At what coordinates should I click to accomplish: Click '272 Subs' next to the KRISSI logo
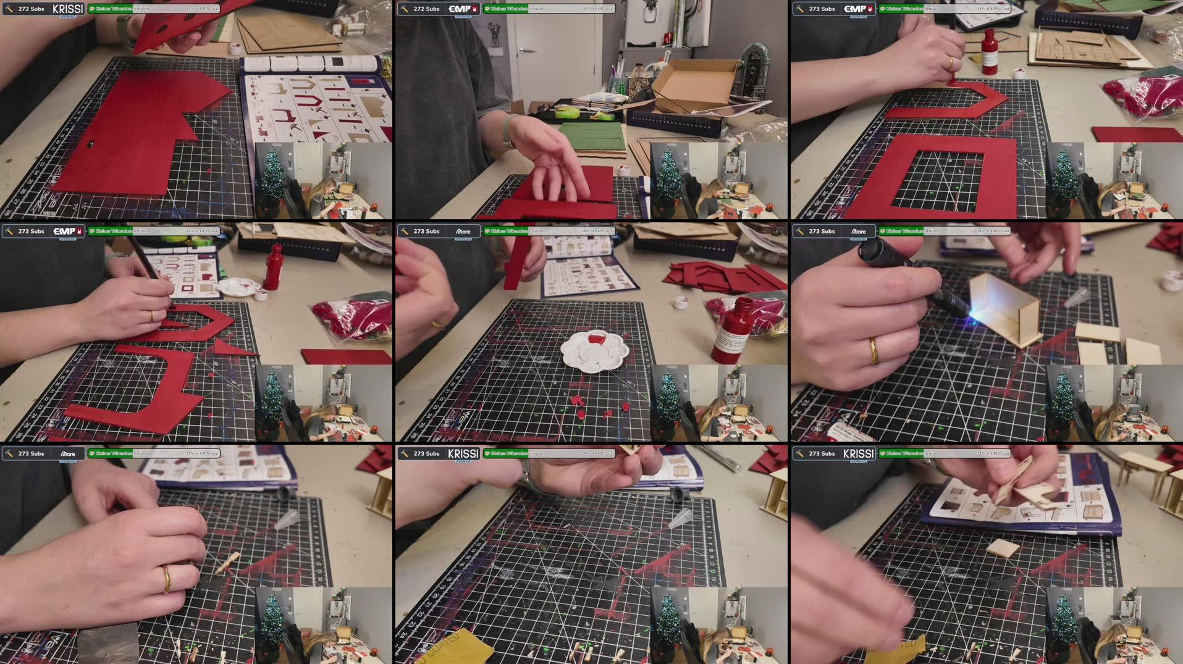[x=31, y=9]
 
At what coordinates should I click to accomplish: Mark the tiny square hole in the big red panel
[x=91, y=144]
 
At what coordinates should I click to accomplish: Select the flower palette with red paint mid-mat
[x=594, y=351]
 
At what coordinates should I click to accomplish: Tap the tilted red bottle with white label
[x=732, y=330]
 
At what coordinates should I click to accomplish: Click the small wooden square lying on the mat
[x=1002, y=547]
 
